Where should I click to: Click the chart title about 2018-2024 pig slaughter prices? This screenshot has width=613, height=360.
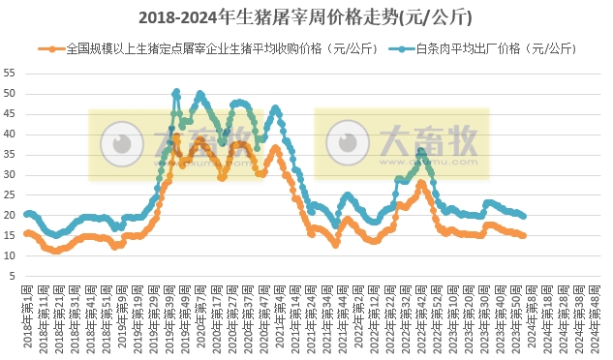pos(306,16)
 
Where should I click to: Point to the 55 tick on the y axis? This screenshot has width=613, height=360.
pos(10,74)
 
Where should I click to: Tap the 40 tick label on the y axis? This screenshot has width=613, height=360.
pos(10,134)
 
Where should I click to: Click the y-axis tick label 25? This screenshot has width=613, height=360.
pos(10,195)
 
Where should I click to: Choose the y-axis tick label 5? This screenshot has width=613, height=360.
pos(13,276)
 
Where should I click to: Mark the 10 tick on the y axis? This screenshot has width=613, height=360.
pos(10,255)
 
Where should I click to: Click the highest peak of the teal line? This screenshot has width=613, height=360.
pos(176,92)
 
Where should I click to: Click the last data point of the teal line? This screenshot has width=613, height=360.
pos(524,216)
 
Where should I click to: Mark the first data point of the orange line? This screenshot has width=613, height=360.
pos(26,233)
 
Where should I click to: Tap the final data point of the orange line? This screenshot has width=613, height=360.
pos(524,235)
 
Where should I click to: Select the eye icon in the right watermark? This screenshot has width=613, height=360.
pos(348,144)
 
